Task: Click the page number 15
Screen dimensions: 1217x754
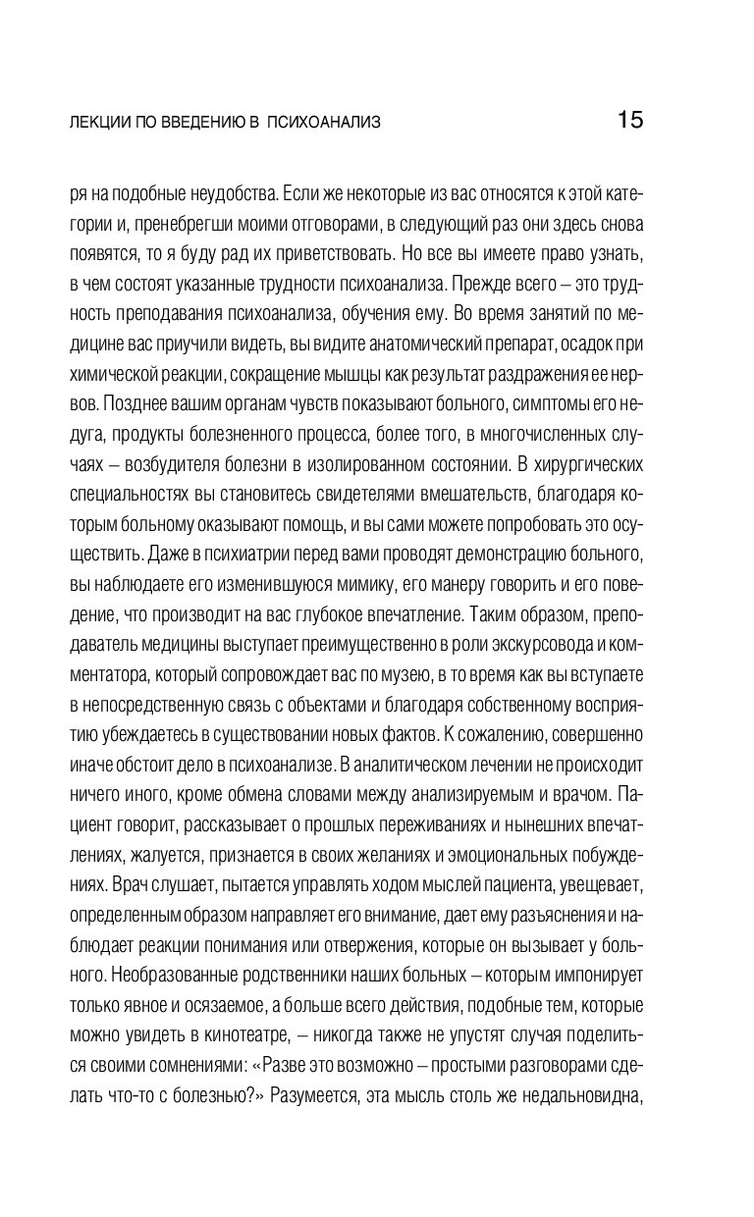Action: point(629,121)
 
